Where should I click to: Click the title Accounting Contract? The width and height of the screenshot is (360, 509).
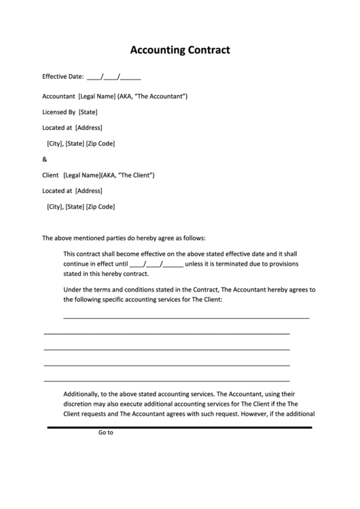click(179, 50)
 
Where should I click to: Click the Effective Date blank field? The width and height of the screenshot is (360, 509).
click(114, 77)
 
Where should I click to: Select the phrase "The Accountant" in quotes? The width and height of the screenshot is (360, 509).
click(161, 96)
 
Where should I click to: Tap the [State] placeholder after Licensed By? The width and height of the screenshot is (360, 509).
click(88, 112)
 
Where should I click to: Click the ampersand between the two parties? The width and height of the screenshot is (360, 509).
click(45, 160)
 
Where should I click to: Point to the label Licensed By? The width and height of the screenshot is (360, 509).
click(59, 112)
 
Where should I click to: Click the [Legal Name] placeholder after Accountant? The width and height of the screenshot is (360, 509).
click(97, 96)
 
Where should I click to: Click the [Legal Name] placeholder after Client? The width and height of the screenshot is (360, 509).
click(82, 175)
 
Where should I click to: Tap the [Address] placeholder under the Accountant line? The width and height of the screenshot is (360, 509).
click(88, 128)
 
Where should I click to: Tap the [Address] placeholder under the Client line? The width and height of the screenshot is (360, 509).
click(88, 191)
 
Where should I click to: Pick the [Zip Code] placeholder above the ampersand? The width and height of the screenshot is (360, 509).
click(101, 143)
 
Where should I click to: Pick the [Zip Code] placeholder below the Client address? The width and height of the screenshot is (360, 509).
click(101, 207)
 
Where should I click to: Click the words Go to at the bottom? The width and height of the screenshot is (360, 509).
click(105, 432)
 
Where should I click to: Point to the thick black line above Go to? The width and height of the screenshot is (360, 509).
click(179, 427)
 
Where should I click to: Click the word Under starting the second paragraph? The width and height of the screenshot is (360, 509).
click(72, 289)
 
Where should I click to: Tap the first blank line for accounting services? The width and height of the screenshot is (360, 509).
click(186, 317)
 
